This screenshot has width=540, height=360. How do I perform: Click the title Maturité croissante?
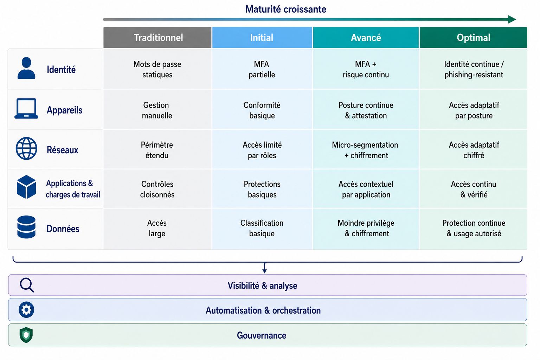click(286, 9)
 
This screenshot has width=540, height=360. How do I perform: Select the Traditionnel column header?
click(157, 37)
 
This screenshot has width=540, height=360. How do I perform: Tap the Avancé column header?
click(366, 37)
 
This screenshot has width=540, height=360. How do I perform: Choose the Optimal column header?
click(473, 37)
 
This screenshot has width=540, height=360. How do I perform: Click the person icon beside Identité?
click(26, 68)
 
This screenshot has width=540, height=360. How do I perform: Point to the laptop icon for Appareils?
click(26, 109)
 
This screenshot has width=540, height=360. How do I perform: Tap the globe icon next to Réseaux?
click(26, 148)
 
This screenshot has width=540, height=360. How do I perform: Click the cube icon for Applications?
click(26, 187)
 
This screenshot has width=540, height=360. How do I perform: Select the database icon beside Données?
click(26, 227)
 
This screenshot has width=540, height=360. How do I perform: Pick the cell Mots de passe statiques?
click(157, 69)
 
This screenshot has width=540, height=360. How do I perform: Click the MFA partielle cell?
click(262, 69)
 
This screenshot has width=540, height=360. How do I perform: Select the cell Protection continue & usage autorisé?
click(474, 228)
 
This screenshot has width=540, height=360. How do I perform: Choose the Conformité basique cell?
click(262, 110)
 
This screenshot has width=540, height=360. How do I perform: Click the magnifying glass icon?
click(27, 285)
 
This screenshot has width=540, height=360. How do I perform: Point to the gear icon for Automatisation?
click(26, 310)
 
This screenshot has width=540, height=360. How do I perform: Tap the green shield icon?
click(26, 335)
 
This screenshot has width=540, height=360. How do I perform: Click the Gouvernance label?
click(262, 335)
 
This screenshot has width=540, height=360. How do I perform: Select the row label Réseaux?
click(63, 150)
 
